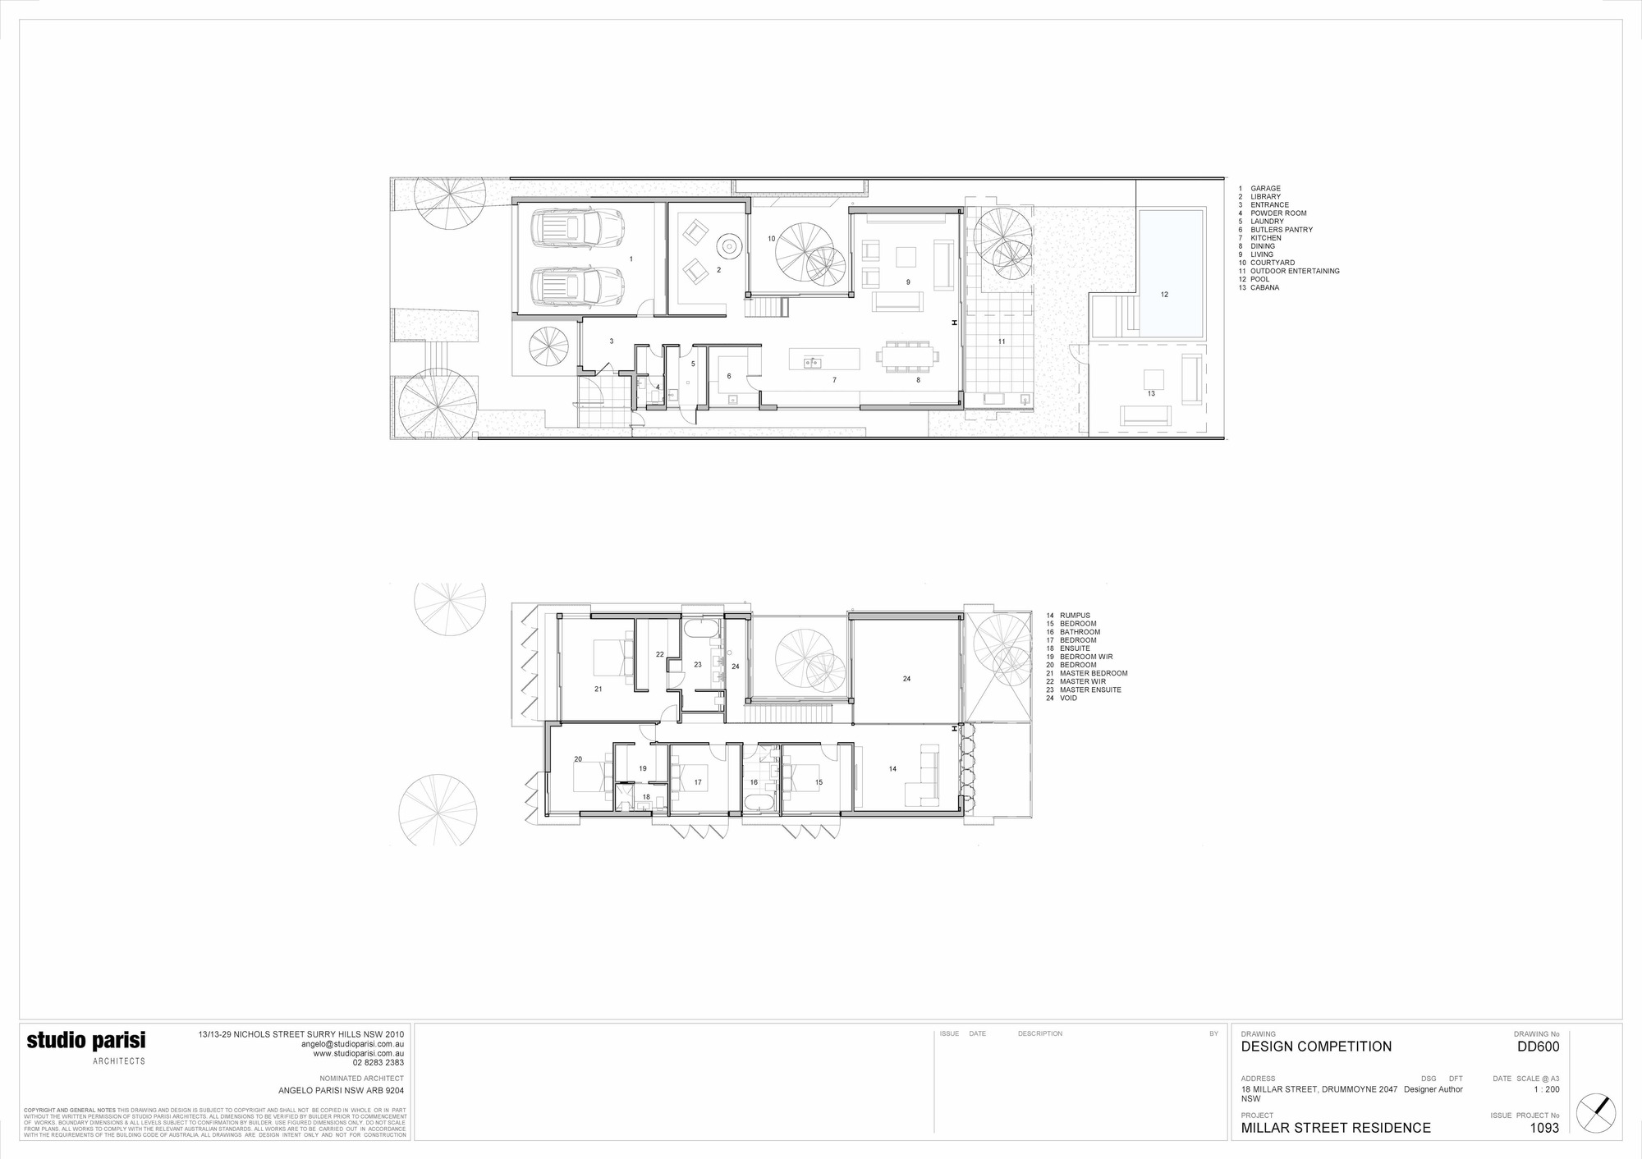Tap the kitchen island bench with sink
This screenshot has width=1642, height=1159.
pyautogui.click(x=824, y=360)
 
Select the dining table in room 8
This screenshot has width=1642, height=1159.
pyautogui.click(x=906, y=356)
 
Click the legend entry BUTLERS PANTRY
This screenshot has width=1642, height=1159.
pyautogui.click(x=1281, y=230)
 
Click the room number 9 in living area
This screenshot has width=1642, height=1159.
pyautogui.click(x=908, y=282)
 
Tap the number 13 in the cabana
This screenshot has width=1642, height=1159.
pyautogui.click(x=1151, y=394)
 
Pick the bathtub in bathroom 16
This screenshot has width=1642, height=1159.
pyautogui.click(x=756, y=802)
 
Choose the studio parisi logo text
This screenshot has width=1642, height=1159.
pyautogui.click(x=86, y=1041)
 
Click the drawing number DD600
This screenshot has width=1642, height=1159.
pyautogui.click(x=1537, y=1047)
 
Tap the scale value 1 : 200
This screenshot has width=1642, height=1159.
pyautogui.click(x=1547, y=1089)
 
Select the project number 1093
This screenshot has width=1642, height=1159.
pyautogui.click(x=1544, y=1128)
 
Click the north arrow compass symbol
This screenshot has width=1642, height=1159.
pyautogui.click(x=1596, y=1113)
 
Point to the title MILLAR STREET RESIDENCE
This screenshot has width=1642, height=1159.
pyautogui.click(x=1335, y=1128)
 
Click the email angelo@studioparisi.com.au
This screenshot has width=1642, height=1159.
pyautogui.click(x=352, y=1044)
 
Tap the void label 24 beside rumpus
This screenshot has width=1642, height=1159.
pyautogui.click(x=906, y=679)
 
